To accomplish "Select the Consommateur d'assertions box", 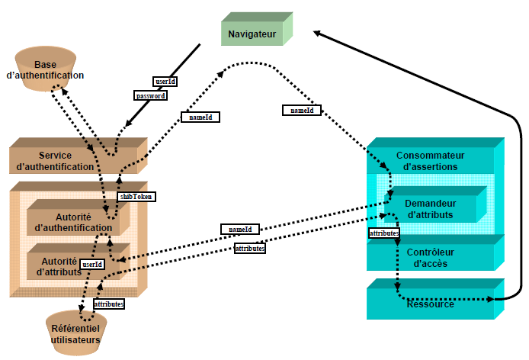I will click(430, 161).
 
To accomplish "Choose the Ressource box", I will click(431, 304).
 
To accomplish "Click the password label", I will click(150, 96).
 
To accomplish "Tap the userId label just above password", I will click(165, 81).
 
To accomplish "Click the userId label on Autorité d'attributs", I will click(91, 265).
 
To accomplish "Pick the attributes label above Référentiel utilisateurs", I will click(108, 304).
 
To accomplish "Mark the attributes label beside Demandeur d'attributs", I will click(383, 233).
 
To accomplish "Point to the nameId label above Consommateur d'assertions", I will click(302, 111).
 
